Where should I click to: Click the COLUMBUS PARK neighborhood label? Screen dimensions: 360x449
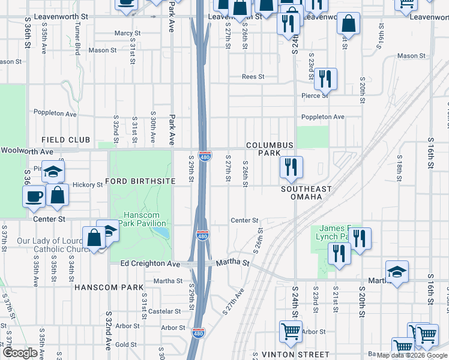(270, 149)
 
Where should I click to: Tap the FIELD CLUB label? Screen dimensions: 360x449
(66, 140)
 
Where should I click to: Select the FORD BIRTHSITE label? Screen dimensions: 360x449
(140, 181)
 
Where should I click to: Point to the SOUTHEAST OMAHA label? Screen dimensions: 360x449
(306, 193)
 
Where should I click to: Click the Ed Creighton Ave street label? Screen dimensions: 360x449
(150, 263)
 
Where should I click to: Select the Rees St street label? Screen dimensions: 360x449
(253, 77)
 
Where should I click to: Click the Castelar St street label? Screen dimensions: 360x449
(164, 311)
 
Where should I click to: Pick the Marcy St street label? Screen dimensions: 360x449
(127, 33)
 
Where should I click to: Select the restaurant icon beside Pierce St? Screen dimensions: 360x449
(325, 79)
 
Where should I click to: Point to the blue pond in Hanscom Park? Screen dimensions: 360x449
(161, 232)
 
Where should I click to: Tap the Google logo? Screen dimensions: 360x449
(20, 353)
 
